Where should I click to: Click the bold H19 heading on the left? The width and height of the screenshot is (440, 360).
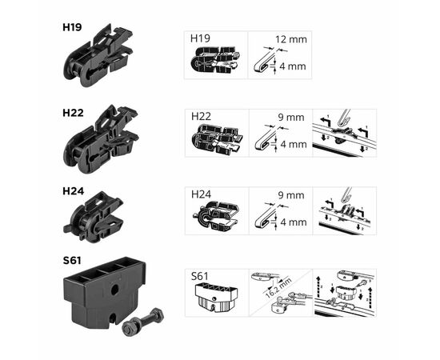click(72, 27)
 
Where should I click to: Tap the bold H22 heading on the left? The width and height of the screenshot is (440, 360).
click(73, 113)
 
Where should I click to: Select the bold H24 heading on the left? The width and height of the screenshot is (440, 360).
click(74, 191)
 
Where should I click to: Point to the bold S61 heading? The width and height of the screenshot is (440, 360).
click(72, 260)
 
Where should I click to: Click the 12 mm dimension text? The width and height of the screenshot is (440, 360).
click(291, 39)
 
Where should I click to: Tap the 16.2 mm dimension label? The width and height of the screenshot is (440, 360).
click(278, 288)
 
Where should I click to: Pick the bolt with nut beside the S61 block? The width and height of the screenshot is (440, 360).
click(143, 322)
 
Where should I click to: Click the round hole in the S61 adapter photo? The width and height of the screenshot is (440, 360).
click(114, 289)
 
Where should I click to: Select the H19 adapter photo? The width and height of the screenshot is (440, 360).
click(98, 55)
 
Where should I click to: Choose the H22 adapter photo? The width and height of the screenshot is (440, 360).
click(101, 139)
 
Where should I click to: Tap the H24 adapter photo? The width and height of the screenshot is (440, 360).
click(94, 217)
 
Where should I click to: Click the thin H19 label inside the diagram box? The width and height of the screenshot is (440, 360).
click(200, 38)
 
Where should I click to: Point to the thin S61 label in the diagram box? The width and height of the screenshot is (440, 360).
click(199, 276)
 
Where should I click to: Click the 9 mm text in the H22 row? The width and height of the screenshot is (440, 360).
click(291, 118)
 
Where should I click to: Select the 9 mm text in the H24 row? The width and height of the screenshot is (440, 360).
click(291, 195)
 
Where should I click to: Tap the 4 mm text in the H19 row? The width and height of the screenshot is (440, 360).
click(293, 66)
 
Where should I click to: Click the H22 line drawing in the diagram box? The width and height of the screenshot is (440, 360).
click(216, 138)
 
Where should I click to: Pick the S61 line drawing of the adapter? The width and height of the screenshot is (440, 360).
click(216, 298)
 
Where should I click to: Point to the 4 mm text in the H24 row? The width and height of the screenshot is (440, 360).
click(294, 222)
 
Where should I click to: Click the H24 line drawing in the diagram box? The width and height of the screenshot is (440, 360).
click(216, 215)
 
